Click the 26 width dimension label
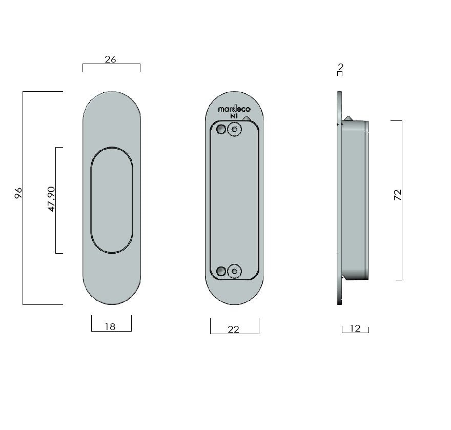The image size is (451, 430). tap(110, 59)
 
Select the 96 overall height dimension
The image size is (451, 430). tap(18, 193)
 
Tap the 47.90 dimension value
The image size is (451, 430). tap(51, 200)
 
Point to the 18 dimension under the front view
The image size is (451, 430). tap(110, 326)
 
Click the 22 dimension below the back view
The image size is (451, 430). tap(233, 330)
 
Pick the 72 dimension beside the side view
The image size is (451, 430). tap(398, 195)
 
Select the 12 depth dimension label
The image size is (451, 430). tap(355, 329)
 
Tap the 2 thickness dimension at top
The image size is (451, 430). tap(340, 67)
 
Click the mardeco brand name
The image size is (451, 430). tap(234, 109)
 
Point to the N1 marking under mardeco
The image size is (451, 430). tap(234, 117)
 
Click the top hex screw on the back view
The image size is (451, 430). tap(235, 130)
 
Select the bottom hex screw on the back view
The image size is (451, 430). tap(235, 270)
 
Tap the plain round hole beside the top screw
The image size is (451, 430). tap(221, 129)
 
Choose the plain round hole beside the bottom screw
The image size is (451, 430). tap(221, 271)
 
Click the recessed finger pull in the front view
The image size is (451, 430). tap(112, 200)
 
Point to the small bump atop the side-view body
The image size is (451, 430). tap(348, 118)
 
